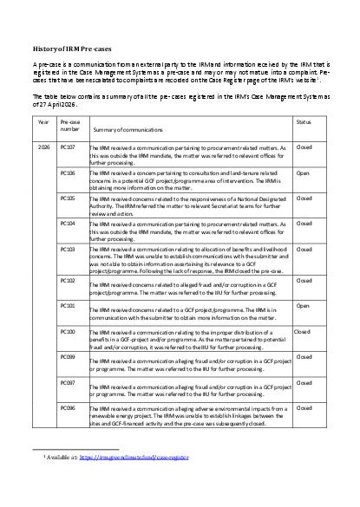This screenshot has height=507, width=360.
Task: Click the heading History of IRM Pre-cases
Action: (70, 50)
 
